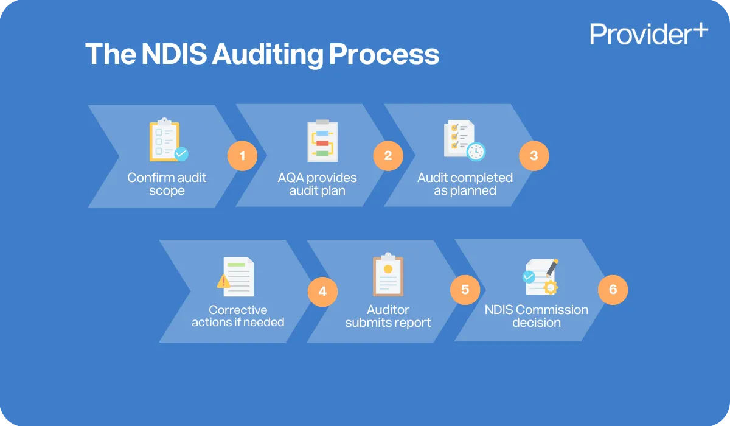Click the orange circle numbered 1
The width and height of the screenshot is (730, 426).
point(242,156)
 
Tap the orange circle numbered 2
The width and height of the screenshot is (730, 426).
point(388,156)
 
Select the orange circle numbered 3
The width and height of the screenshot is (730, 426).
point(534,156)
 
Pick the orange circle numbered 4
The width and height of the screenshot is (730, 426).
point(322,292)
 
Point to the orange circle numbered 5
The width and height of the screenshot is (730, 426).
point(465,290)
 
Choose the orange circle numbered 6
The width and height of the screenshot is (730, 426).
point(613,290)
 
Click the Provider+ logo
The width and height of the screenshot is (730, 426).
point(648,34)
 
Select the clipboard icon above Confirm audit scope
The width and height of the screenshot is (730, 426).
point(165,141)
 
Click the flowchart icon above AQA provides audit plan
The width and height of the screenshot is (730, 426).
point(322,141)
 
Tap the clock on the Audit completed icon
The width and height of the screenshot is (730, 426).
point(476,151)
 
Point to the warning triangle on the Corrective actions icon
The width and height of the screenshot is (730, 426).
point(224,281)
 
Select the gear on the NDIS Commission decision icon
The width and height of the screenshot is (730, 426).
point(551,287)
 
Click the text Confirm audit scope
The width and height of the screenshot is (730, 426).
point(167,184)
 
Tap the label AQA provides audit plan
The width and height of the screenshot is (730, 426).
point(317,184)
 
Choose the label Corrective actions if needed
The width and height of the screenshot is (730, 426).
point(238,316)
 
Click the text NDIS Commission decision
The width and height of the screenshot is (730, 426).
point(536,316)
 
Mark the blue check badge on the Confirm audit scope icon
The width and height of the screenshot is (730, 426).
point(181,154)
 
